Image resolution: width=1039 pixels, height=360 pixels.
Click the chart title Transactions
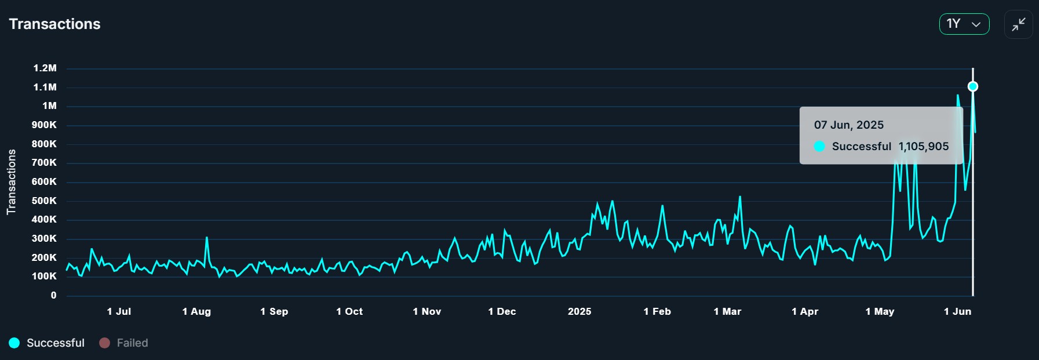coord(54,24)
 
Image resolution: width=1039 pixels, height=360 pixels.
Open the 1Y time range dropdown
coord(964,24)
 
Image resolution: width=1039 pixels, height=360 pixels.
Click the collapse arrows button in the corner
coord(1018,24)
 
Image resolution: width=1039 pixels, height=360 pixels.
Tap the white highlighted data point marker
coord(973,86)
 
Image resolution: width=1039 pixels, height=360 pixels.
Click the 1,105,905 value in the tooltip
coord(924,147)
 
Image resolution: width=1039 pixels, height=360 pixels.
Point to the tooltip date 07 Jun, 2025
coord(848,125)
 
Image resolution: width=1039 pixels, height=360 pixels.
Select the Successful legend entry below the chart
coord(47,343)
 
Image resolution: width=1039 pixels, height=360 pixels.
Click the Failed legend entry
coord(124,343)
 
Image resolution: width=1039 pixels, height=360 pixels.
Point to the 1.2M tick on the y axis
coord(45,68)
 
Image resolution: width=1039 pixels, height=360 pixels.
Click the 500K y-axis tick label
coord(44,201)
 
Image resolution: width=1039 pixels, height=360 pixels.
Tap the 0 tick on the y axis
coord(53,295)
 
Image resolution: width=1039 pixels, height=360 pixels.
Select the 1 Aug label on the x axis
coord(196,311)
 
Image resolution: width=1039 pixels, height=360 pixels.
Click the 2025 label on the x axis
coord(579,311)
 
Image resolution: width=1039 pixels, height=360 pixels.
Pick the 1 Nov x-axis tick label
coord(427,311)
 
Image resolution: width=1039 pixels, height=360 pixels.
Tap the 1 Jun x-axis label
coord(957,311)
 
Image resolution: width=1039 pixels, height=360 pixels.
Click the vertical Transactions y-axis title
coord(11,182)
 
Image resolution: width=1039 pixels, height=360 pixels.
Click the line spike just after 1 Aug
coord(206,238)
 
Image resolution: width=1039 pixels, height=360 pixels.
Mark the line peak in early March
coord(740,197)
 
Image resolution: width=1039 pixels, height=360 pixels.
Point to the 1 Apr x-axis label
coord(805,311)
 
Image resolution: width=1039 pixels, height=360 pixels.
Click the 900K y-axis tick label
coord(44,125)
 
